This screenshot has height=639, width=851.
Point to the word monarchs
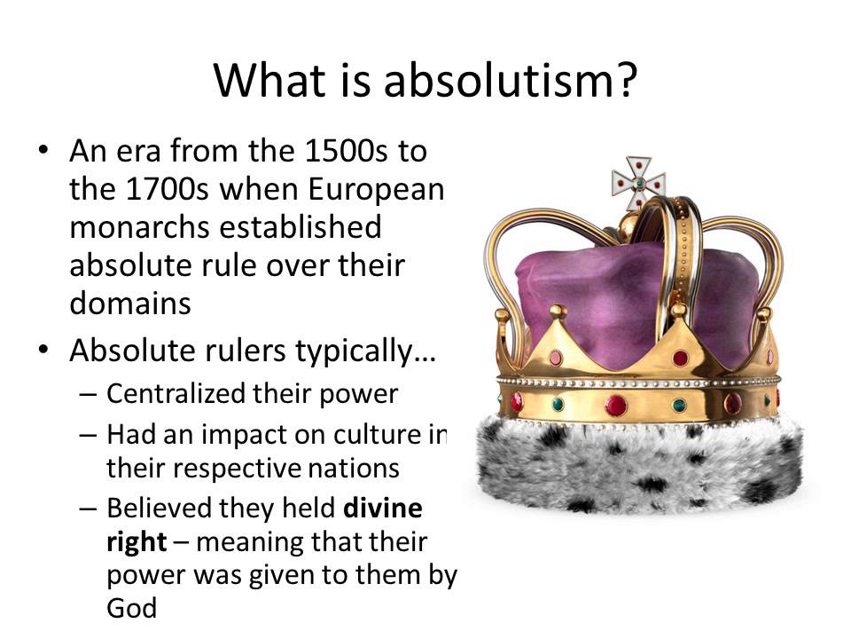point(139,227)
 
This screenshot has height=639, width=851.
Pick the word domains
point(130,303)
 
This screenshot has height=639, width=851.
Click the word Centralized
point(176,393)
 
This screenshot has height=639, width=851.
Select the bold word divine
point(383,508)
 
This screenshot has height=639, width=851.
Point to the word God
point(132,607)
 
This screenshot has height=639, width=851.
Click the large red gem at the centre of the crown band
point(616,406)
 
